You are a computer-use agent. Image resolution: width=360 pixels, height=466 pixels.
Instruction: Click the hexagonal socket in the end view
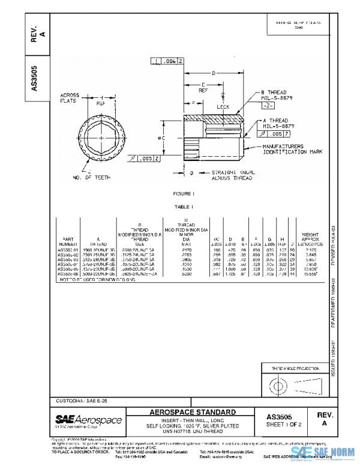click(107, 139)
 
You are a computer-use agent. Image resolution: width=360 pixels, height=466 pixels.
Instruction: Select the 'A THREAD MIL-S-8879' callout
click(277, 123)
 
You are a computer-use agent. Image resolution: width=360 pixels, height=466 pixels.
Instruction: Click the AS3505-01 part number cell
click(67, 249)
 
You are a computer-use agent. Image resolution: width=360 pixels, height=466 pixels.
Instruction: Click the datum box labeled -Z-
click(268, 104)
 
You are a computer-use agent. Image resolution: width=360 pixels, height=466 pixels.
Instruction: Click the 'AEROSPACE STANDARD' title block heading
click(192, 413)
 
